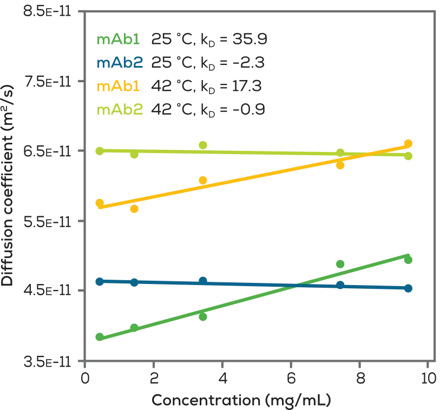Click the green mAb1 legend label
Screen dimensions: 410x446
[119, 40]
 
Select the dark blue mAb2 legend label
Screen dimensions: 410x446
[119, 63]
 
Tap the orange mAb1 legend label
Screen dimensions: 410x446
[119, 87]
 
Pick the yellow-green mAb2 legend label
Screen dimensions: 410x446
[119, 110]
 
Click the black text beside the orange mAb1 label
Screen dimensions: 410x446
[207, 87]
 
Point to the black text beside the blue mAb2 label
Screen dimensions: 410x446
[207, 63]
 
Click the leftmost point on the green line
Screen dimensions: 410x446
[100, 336]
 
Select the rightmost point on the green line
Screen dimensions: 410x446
[409, 259]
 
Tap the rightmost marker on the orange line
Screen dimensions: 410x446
[409, 143]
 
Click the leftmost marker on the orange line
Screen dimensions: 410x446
[100, 203]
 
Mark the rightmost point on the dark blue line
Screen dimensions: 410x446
[409, 288]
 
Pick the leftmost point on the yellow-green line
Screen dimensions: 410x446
[100, 150]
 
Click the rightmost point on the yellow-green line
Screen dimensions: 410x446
[409, 156]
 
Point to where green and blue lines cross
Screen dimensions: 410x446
[295, 285]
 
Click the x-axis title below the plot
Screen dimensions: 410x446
[241, 401]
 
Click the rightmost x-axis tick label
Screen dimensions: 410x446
[429, 378]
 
